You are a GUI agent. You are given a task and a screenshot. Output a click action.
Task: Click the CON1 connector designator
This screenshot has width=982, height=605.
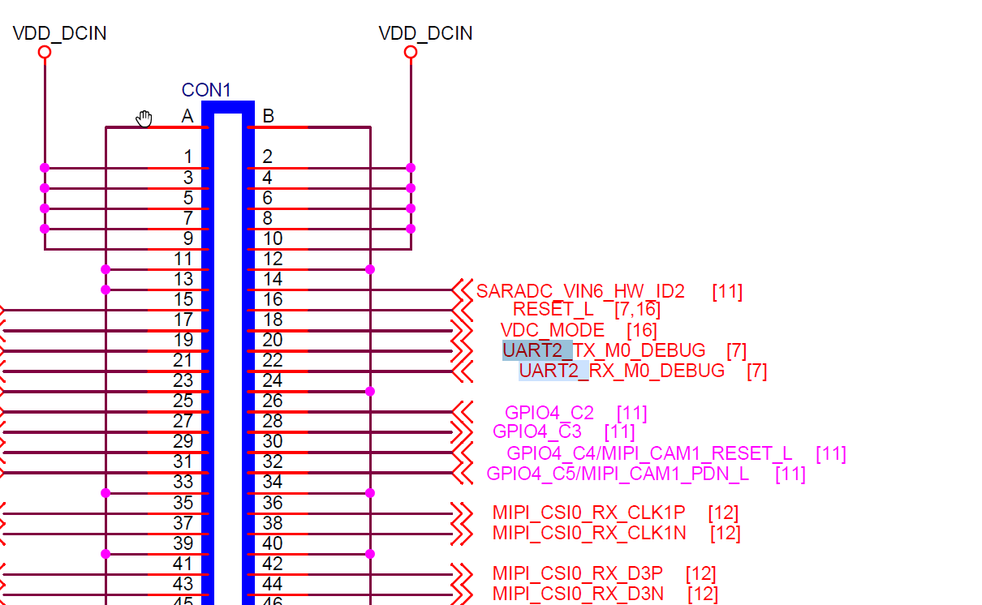coord(206,90)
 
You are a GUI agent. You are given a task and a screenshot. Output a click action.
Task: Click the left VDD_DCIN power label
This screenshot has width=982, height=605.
coord(59,33)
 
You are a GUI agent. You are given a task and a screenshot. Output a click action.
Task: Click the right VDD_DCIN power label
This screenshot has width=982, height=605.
coord(425,33)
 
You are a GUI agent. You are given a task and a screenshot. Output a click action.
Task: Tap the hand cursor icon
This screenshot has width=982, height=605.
coord(144,119)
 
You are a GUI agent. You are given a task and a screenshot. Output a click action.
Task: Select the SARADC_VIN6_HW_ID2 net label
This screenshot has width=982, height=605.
coord(580,291)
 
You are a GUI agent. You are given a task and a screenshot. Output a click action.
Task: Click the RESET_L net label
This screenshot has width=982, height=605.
coord(553,310)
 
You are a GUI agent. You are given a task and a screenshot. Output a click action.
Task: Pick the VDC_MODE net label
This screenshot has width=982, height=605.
coord(552,330)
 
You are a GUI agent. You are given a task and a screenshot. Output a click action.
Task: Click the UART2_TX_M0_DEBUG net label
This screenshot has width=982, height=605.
coord(604,350)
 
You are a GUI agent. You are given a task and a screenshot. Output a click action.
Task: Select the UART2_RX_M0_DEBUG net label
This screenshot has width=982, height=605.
coord(622,371)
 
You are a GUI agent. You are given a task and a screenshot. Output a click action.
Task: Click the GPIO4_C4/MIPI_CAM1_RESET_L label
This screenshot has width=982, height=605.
coord(649,453)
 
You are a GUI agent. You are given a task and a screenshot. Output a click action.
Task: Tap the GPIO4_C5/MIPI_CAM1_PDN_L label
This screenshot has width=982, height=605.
coord(618,474)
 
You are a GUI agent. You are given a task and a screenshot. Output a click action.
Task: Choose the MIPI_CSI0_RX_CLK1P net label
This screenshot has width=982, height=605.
coord(588,513)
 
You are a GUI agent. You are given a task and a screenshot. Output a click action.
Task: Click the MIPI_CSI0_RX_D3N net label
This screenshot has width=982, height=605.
coord(578,594)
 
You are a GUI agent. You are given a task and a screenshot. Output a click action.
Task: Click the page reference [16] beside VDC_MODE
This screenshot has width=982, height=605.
coord(641,330)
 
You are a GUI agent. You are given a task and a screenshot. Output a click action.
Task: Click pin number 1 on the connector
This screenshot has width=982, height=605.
coord(187,157)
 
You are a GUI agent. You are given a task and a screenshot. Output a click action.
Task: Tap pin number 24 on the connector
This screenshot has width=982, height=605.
coord(273,380)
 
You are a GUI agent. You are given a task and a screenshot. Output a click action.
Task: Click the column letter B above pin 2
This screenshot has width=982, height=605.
coord(268,117)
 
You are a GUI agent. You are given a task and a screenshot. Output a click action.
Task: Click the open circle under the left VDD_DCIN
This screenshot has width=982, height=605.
coord(45,52)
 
